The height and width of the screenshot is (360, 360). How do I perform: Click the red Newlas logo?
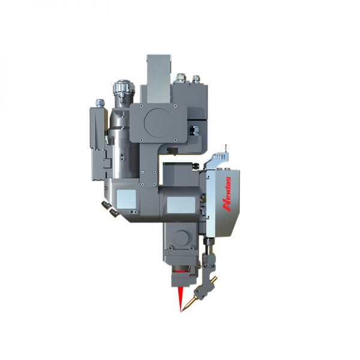tap(227, 194)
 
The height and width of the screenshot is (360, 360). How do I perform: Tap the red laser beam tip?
tap(181, 312)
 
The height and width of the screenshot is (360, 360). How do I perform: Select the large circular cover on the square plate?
tap(158, 122)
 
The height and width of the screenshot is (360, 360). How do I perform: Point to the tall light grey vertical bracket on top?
tap(159, 79)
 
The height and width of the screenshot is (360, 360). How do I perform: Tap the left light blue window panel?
tap(126, 199)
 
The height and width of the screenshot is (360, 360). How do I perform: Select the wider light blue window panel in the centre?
tap(181, 205)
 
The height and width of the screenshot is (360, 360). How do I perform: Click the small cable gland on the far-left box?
tap(100, 103)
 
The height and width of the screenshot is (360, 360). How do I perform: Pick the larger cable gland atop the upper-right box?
tap(181, 78)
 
